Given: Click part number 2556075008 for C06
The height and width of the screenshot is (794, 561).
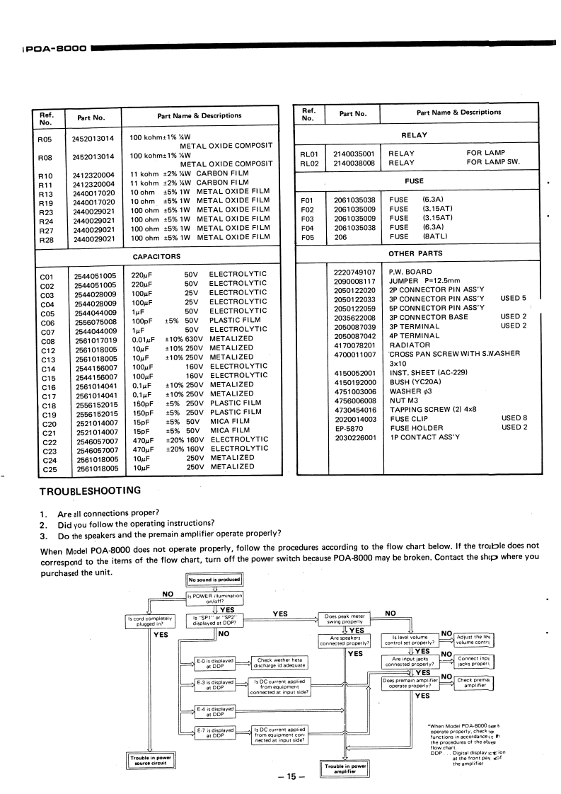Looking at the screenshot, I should (95, 319).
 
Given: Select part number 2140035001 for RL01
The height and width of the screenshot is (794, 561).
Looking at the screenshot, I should (355, 153).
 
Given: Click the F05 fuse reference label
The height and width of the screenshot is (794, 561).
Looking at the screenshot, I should (307, 238).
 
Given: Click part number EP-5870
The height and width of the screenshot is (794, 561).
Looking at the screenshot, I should (348, 427).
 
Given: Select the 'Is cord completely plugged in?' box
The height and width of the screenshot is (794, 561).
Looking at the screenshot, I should (150, 621).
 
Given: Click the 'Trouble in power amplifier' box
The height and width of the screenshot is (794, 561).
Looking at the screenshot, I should (345, 769).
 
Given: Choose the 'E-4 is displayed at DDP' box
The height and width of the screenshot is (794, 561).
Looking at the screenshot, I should (214, 710).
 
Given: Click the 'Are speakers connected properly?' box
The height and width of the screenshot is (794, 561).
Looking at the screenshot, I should (345, 641).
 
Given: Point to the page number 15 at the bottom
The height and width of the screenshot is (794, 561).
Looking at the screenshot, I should (290, 778).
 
